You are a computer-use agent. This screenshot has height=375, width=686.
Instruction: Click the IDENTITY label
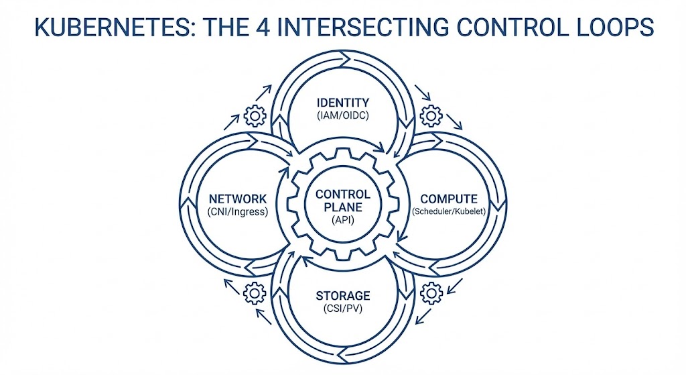pyautogui.click(x=342, y=103)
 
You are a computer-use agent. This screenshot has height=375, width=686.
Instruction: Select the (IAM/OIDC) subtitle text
pyautogui.click(x=342, y=116)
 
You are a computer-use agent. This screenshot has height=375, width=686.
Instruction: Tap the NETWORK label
pyautogui.click(x=238, y=199)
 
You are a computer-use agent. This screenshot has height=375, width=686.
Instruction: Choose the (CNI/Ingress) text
pyautogui.click(x=238, y=213)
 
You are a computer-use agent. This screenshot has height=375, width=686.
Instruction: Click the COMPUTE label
pyautogui.click(x=448, y=199)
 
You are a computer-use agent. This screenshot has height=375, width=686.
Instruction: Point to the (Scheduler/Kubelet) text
pyautogui.click(x=448, y=213)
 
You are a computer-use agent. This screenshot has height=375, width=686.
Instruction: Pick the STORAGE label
pyautogui.click(x=342, y=296)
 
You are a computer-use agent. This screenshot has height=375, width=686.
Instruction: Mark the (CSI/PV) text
pyautogui.click(x=342, y=309)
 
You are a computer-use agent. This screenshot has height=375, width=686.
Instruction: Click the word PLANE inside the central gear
pyautogui.click(x=342, y=207)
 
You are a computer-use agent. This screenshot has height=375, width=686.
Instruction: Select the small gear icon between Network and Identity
pyautogui.click(x=255, y=116)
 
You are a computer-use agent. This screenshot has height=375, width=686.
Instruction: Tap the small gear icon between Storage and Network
pyautogui.click(x=255, y=292)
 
